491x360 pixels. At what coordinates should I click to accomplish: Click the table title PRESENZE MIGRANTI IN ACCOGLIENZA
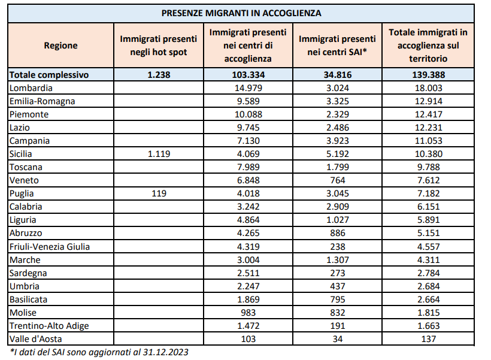click(241, 12)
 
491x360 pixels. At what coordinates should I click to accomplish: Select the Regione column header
click(60, 46)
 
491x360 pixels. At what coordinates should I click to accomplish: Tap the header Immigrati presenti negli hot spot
click(159, 46)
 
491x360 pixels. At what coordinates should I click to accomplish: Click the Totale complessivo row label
click(49, 75)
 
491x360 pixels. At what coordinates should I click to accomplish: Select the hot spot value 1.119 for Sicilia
click(159, 154)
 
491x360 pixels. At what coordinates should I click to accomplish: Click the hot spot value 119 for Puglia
click(159, 193)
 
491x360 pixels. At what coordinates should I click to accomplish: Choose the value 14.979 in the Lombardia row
click(248, 88)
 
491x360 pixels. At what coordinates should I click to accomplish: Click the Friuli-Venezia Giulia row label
click(50, 246)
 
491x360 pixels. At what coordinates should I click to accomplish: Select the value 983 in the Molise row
click(248, 312)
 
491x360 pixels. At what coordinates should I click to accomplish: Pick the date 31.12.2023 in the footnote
click(167, 352)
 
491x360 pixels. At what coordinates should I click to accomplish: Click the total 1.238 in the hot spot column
click(159, 75)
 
